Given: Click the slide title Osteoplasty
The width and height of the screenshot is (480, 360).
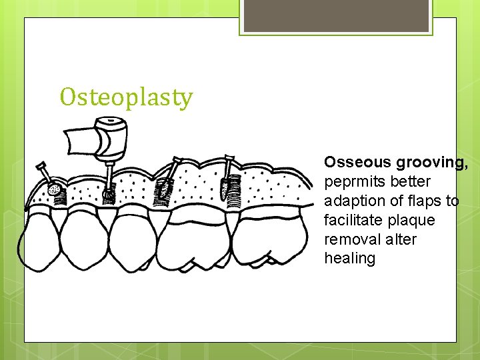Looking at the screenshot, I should pos(126,97).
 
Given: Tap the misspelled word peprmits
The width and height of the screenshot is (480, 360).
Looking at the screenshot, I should pos(353,181).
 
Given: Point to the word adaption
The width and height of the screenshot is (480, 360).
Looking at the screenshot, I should pos(353,201).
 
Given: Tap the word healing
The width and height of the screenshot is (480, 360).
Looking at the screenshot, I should pos(350,258).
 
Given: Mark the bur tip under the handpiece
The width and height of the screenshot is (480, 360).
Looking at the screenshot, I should pos(108,193).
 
